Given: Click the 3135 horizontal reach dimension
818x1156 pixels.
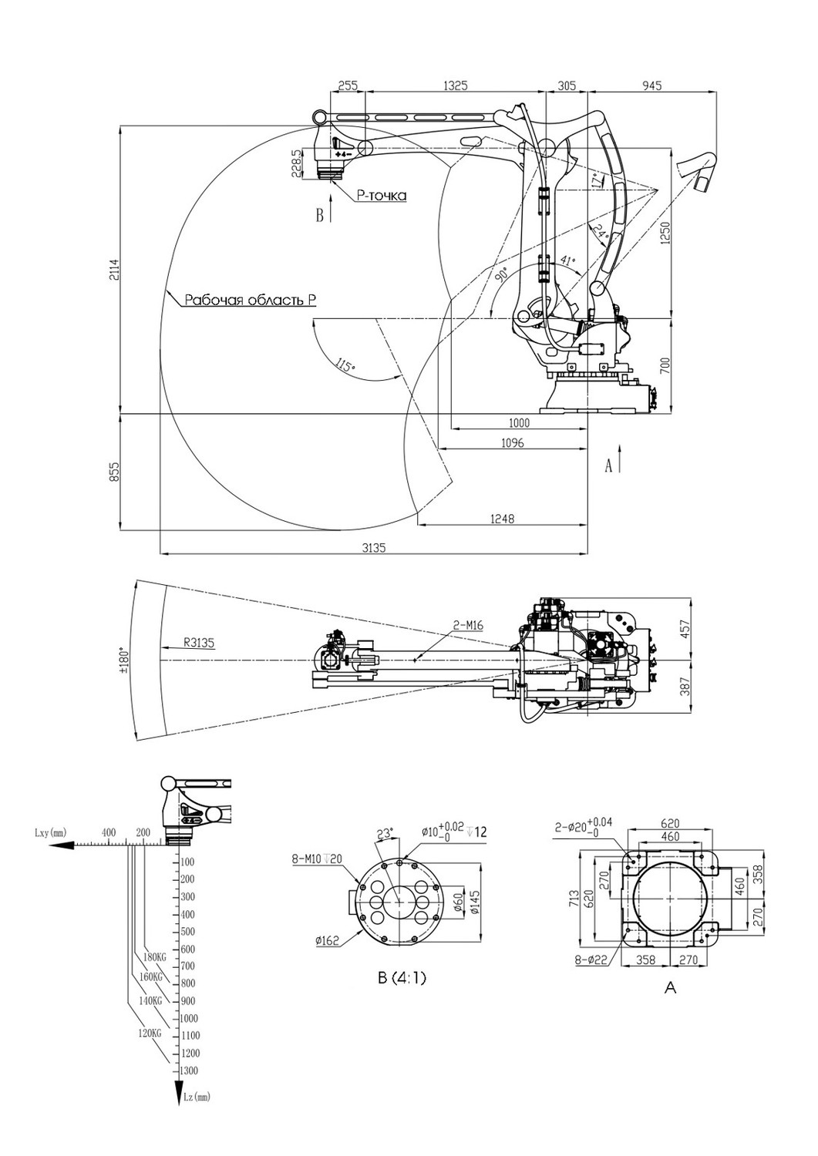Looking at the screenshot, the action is coord(375,548).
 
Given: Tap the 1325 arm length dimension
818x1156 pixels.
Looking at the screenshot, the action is coord(456,86).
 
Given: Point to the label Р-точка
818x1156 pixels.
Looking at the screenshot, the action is coord(381,196).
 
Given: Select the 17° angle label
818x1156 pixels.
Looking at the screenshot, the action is coord(598,180).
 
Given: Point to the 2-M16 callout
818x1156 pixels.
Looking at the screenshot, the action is coord(468,626).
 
